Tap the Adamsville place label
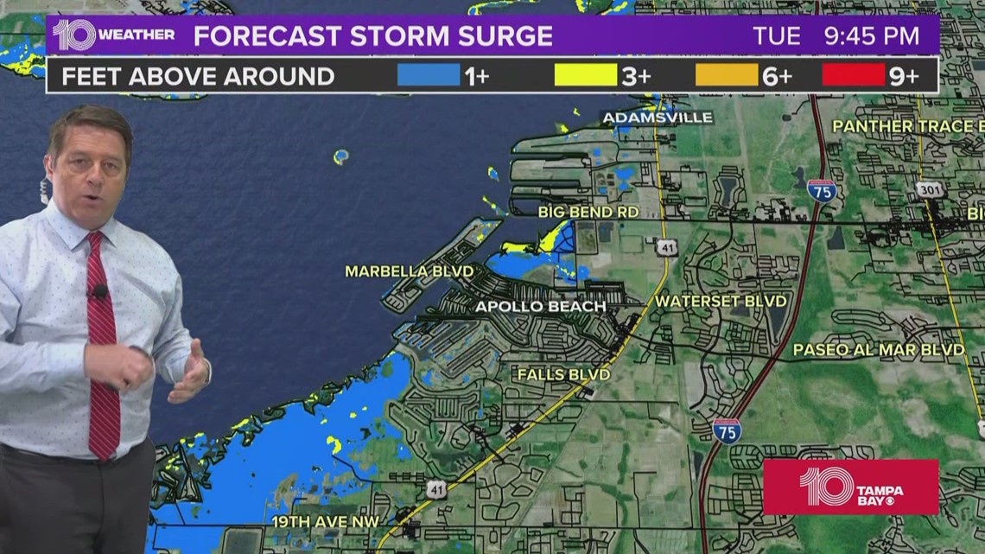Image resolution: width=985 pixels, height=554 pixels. click(658, 118)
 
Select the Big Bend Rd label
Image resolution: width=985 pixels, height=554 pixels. click(588, 211)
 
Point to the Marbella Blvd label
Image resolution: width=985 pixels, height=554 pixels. click(410, 271)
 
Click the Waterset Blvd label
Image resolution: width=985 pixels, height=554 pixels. click(721, 301)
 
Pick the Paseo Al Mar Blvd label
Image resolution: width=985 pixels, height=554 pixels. click(879, 350)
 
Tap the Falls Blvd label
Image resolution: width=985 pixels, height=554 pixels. click(563, 374)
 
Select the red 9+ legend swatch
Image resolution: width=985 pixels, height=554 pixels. click(854, 76)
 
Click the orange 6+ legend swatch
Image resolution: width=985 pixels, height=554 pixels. click(726, 76)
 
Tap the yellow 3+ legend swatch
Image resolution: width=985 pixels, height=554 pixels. click(585, 76)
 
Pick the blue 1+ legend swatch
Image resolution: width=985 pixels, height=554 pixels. click(428, 76)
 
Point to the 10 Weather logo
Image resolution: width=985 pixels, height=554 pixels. click(113, 35)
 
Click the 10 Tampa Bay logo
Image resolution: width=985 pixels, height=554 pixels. click(850, 487)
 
